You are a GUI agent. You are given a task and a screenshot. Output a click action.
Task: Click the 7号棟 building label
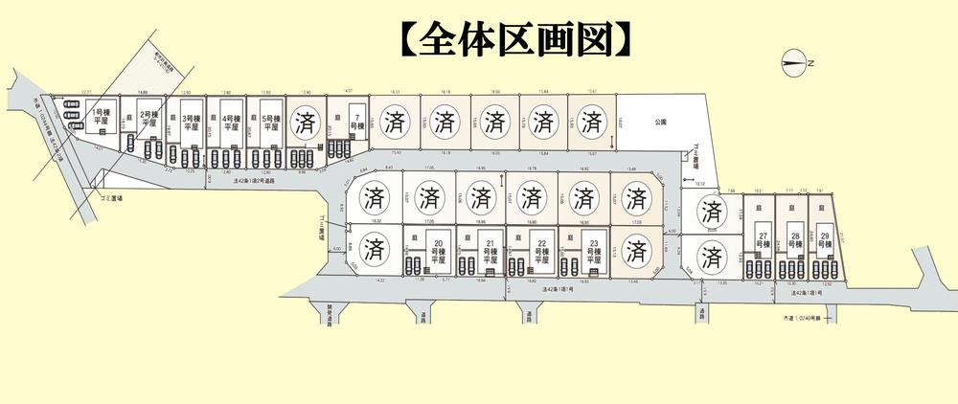354,120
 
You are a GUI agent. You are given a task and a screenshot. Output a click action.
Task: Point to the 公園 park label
660,122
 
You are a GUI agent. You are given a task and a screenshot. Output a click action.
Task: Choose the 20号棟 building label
441,250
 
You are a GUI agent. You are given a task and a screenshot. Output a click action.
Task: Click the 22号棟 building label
541,250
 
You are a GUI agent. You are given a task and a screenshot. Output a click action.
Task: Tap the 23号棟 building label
594,250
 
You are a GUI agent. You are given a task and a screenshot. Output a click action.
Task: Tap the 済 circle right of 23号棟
634,251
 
